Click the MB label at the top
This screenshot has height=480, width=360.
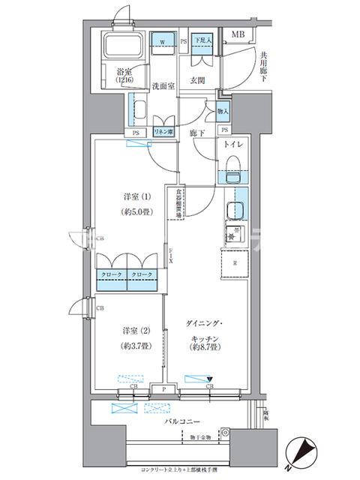click(x=238, y=34)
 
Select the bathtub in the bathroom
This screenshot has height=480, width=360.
click(x=123, y=49)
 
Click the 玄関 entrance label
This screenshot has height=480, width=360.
click(x=198, y=80)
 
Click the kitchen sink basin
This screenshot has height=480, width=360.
click(x=234, y=211)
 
